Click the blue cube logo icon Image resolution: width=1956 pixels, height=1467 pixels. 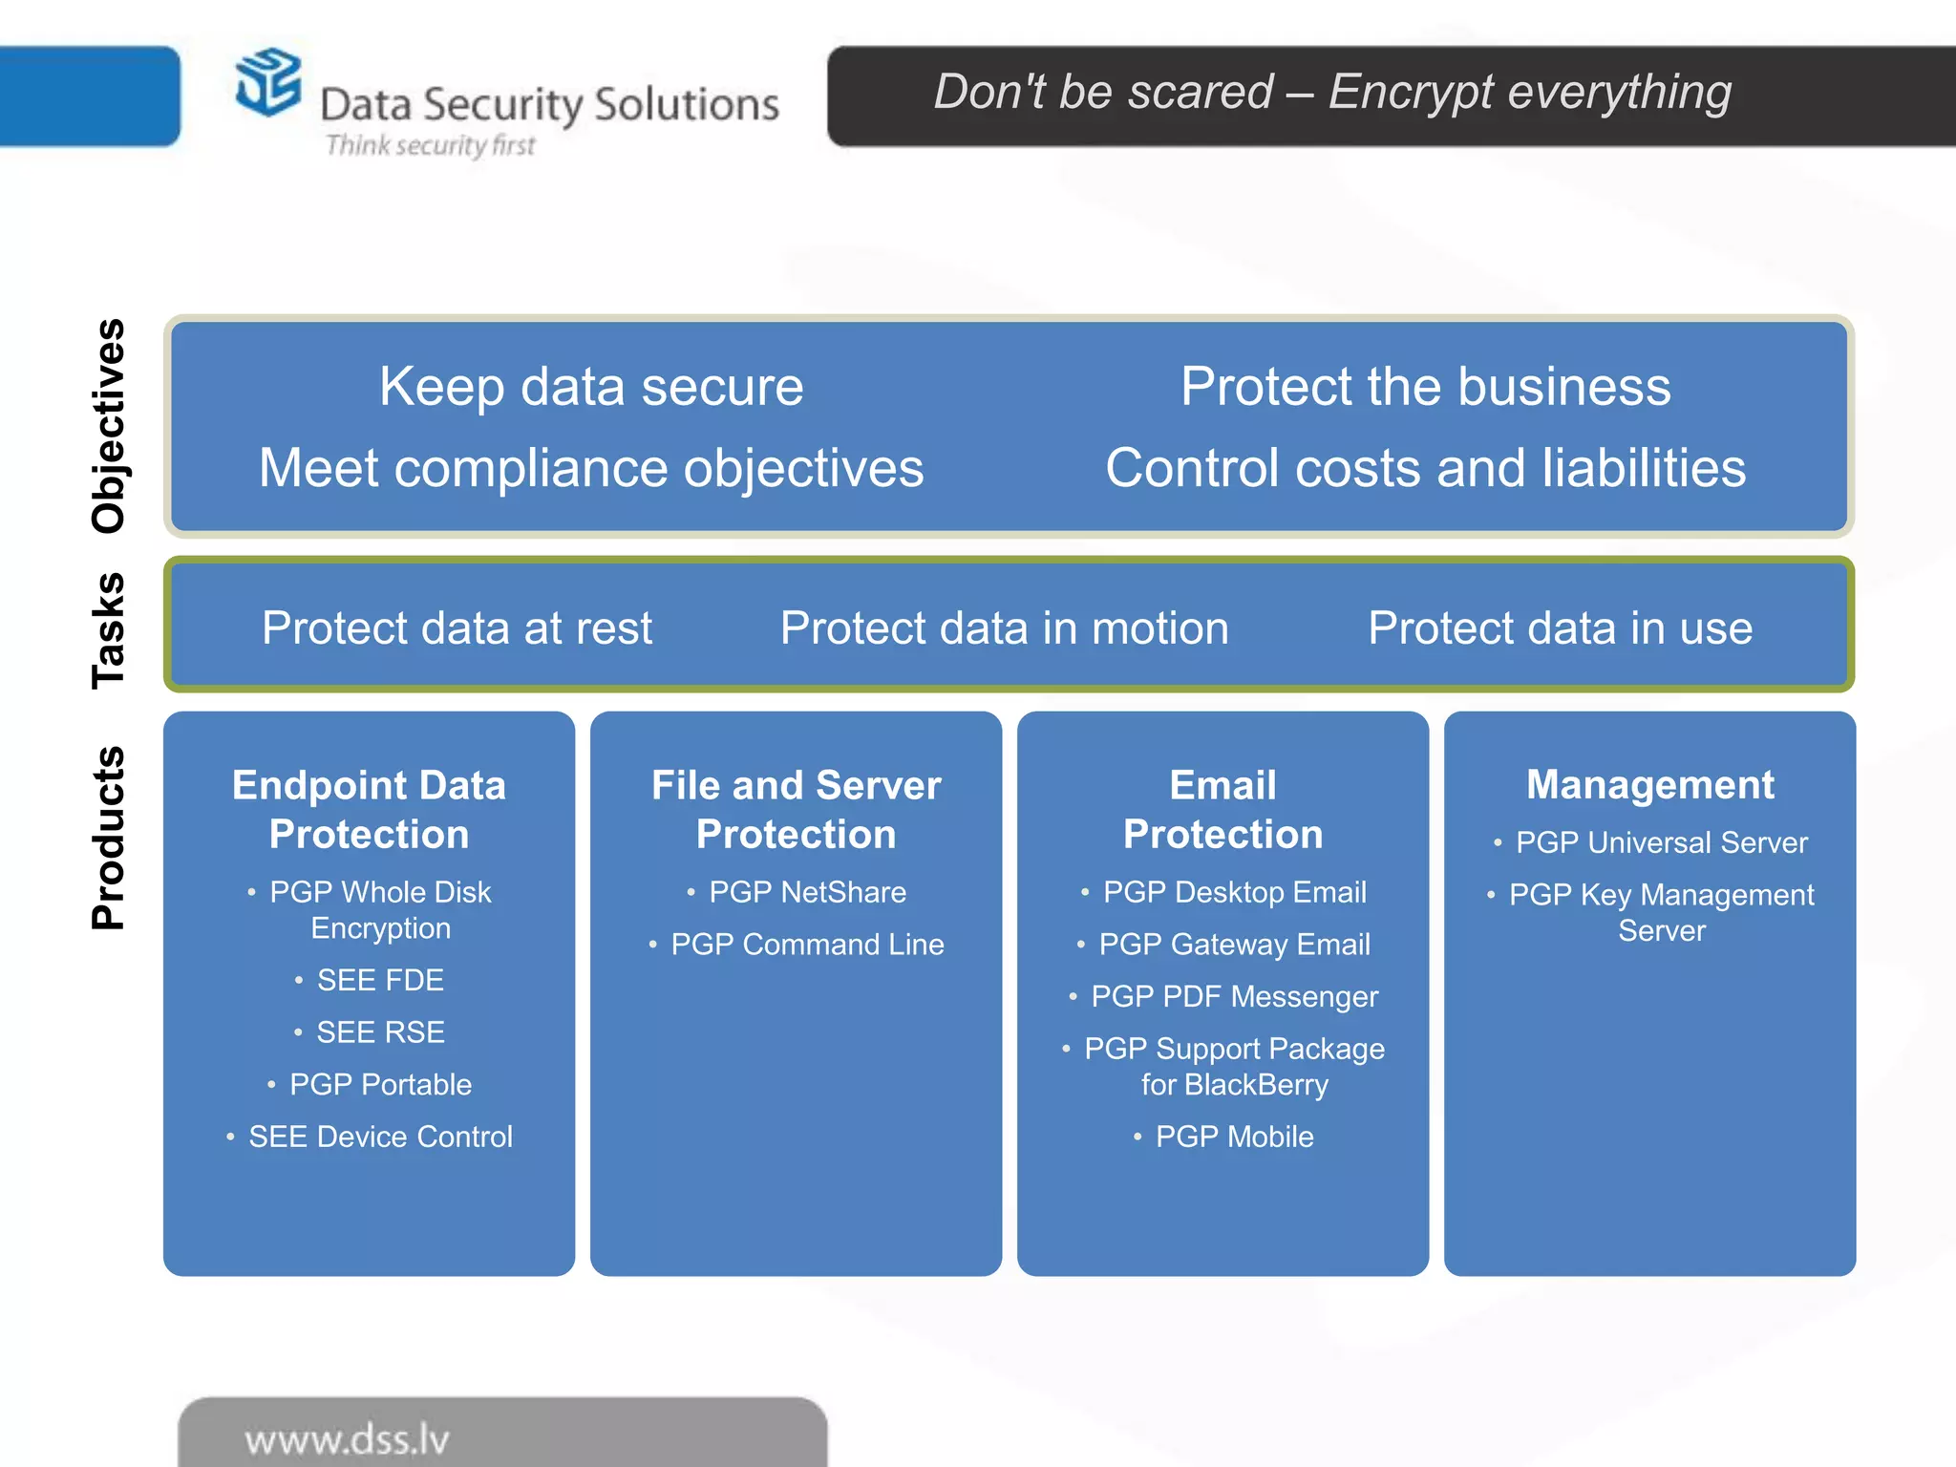[268, 82]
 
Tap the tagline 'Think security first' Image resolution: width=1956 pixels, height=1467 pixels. [430, 145]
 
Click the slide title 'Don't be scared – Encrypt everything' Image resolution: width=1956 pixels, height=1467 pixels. [1332, 93]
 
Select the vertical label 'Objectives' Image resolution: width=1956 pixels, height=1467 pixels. [108, 426]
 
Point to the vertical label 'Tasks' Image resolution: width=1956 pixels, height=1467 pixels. [108, 630]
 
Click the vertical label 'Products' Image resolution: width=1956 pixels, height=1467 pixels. [108, 838]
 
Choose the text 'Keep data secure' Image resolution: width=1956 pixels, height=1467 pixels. [591, 387]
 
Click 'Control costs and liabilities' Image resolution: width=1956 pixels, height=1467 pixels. [1425, 468]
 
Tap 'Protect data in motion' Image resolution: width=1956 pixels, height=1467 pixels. [1004, 628]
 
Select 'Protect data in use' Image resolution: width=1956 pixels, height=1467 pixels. [1560, 628]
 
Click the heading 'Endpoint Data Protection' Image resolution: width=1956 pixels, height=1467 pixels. [369, 809]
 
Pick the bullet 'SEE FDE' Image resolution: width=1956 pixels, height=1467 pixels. [380, 980]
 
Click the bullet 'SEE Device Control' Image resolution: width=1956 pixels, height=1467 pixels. [380, 1137]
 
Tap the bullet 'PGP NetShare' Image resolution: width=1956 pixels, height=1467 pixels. [807, 892]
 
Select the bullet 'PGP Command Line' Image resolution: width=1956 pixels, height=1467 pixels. [807, 945]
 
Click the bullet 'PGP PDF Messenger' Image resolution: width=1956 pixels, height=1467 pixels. [1234, 997]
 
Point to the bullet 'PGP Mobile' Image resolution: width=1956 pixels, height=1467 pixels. [1234, 1137]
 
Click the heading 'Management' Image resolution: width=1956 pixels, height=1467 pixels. [1649, 785]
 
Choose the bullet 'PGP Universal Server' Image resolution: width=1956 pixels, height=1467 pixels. [1661, 842]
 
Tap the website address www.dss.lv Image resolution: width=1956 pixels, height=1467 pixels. [347, 1439]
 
